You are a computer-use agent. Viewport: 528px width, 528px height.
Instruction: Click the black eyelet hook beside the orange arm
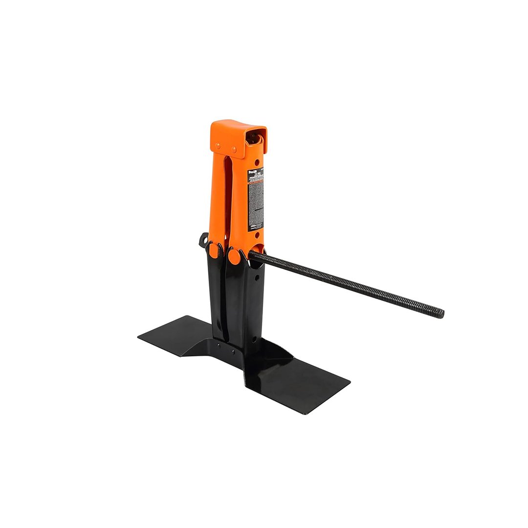click(202, 241)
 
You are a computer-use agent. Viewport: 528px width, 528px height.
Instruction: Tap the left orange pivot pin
click(214, 250)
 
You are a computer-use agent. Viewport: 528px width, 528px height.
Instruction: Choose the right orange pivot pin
click(234, 255)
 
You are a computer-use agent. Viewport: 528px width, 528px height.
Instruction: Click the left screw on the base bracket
click(220, 345)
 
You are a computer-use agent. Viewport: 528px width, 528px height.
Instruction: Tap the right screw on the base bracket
click(233, 351)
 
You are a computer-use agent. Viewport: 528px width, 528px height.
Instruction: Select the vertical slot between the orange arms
click(228, 196)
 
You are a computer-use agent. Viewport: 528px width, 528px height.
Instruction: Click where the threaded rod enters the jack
click(254, 256)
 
